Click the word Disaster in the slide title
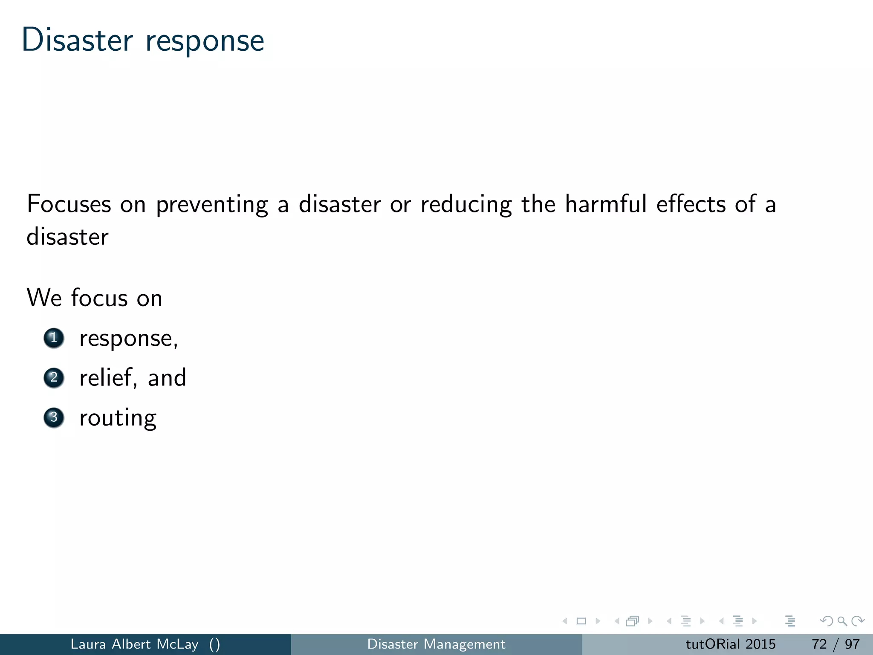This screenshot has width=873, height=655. pyautogui.click(x=77, y=41)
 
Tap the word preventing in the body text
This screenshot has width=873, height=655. pyautogui.click(x=212, y=205)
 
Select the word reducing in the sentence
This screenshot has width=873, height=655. pyautogui.click(x=466, y=205)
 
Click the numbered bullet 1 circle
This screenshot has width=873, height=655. pyautogui.click(x=54, y=338)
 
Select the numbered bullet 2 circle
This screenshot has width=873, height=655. pyautogui.click(x=54, y=378)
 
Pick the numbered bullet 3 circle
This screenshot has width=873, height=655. pyautogui.click(x=54, y=417)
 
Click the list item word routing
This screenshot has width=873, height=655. pyautogui.click(x=118, y=418)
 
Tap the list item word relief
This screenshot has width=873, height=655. pyautogui.click(x=107, y=378)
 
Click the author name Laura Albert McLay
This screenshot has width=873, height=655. pyautogui.click(x=134, y=644)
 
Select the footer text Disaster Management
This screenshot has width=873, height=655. pyautogui.click(x=436, y=644)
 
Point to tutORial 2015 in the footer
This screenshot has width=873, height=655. pyautogui.click(x=730, y=644)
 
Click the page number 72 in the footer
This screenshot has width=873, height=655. pyautogui.click(x=819, y=644)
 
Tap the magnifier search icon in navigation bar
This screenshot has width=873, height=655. pyautogui.click(x=842, y=621)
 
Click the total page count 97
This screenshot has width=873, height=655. pyautogui.click(x=852, y=644)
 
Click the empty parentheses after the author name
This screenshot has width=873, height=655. pyautogui.click(x=214, y=644)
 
